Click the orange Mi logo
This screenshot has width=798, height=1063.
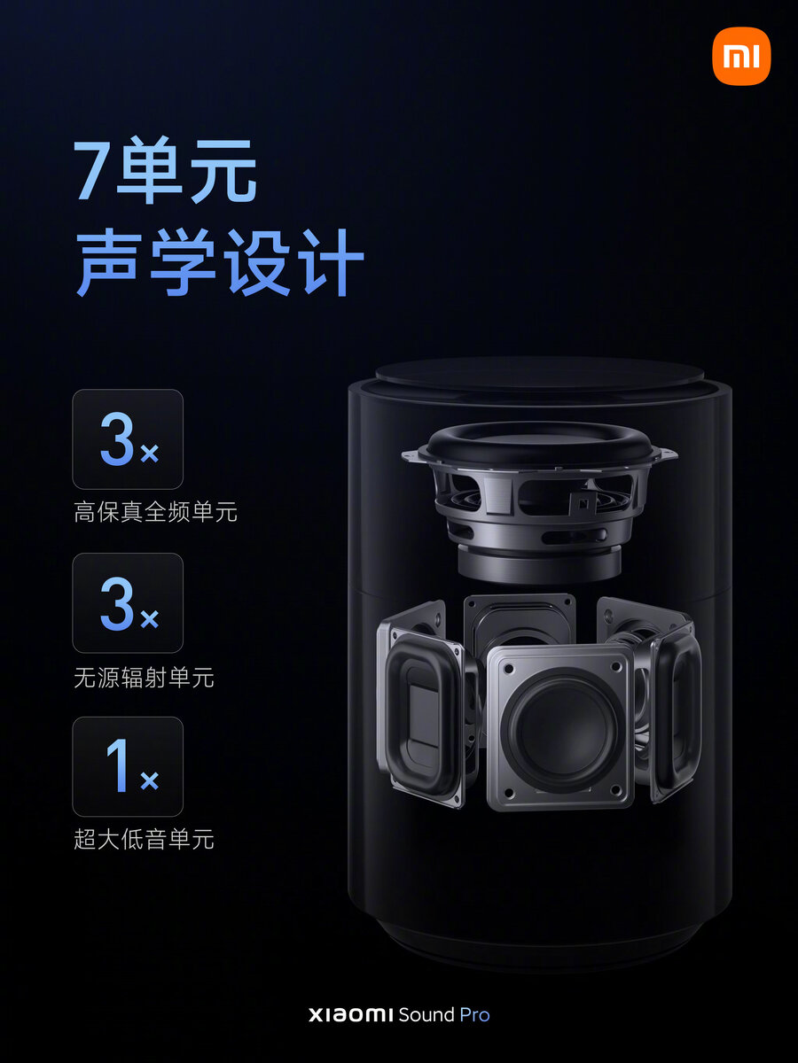pyautogui.click(x=741, y=56)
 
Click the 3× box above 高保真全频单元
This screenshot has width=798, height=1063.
pyautogui.click(x=128, y=439)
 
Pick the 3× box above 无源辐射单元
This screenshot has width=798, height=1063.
pyautogui.click(x=128, y=603)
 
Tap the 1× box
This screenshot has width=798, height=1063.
pyautogui.click(x=128, y=766)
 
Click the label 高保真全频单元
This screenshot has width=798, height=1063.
pyautogui.click(x=155, y=512)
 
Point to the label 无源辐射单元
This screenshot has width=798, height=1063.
pyautogui.click(x=144, y=679)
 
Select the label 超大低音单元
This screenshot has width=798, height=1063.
pyautogui.click(x=144, y=840)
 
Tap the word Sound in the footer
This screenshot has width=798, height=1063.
pyautogui.click(x=426, y=1015)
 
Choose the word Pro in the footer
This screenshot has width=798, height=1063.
pyautogui.click(x=474, y=1015)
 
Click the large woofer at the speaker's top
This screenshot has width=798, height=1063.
pyautogui.click(x=538, y=496)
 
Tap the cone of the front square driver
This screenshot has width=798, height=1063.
pyautogui.click(x=560, y=725)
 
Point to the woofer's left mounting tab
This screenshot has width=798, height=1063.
pyautogui.click(x=411, y=456)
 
